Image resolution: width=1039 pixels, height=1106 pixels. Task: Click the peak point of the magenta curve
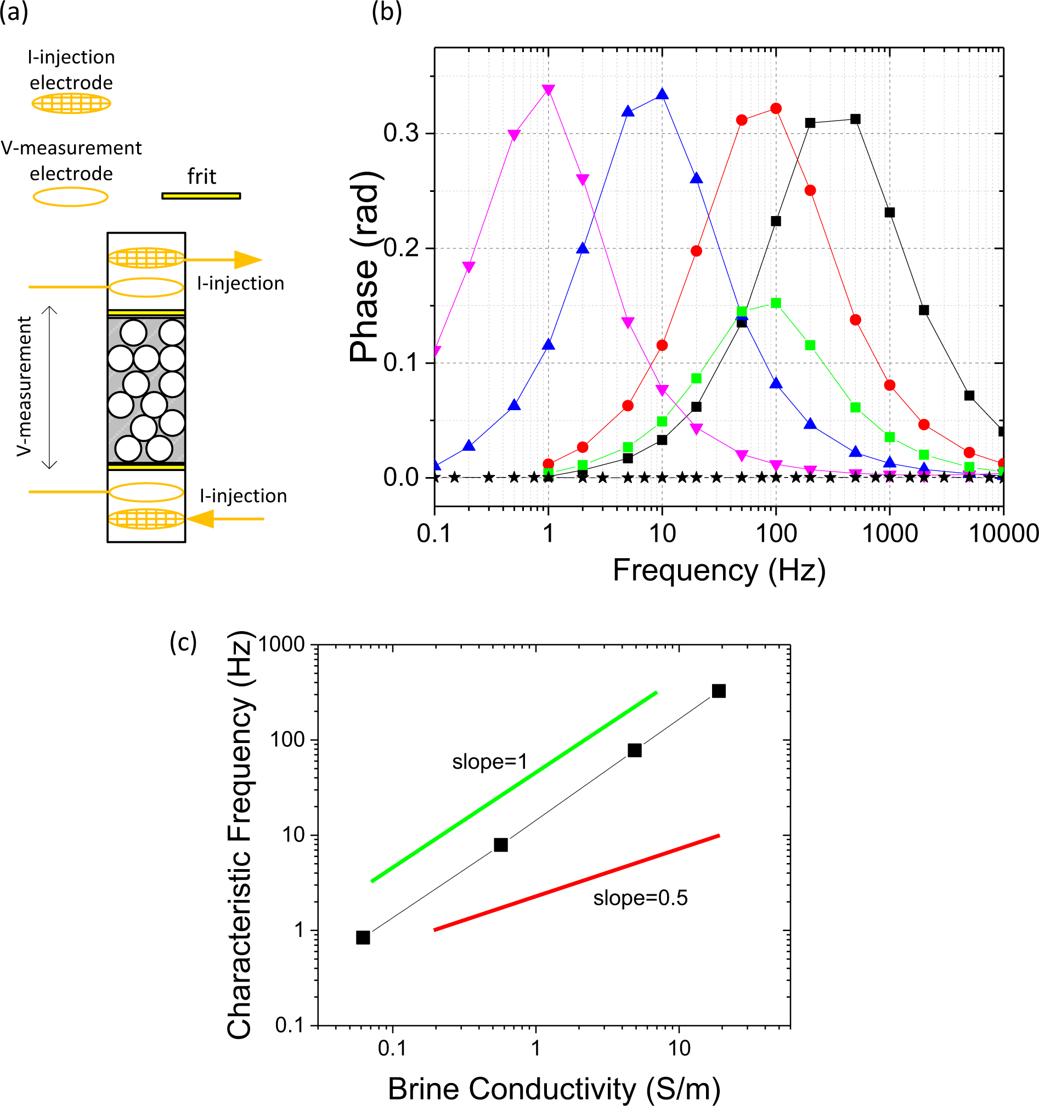pyautogui.click(x=548, y=90)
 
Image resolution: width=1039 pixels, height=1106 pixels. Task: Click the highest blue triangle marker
pyautogui.click(x=662, y=94)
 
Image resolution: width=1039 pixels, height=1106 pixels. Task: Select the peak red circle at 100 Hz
pyautogui.click(x=776, y=109)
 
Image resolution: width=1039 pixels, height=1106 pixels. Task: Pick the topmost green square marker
pyautogui.click(x=776, y=303)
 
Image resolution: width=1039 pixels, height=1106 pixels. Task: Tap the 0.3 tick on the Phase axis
pyautogui.click(x=401, y=134)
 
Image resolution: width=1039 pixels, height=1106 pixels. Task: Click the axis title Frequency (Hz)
pyautogui.click(x=719, y=571)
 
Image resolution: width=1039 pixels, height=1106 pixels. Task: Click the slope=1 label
pyautogui.click(x=489, y=762)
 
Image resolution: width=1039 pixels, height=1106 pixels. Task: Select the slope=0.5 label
pyautogui.click(x=640, y=898)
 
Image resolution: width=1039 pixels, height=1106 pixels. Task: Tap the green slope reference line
pyautogui.click(x=514, y=787)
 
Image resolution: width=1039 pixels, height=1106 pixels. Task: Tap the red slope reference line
pyautogui.click(x=577, y=883)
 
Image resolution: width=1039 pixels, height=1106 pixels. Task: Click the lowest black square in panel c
pyautogui.click(x=363, y=938)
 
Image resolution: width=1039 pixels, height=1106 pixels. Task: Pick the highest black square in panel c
pyautogui.click(x=719, y=691)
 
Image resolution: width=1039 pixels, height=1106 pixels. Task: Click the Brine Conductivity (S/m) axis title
pyautogui.click(x=554, y=1088)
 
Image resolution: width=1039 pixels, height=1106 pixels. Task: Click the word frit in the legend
pyautogui.click(x=201, y=177)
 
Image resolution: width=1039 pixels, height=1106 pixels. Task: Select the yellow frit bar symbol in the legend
pyautogui.click(x=201, y=196)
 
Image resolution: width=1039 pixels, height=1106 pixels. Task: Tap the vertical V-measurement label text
pyautogui.click(x=24, y=387)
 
